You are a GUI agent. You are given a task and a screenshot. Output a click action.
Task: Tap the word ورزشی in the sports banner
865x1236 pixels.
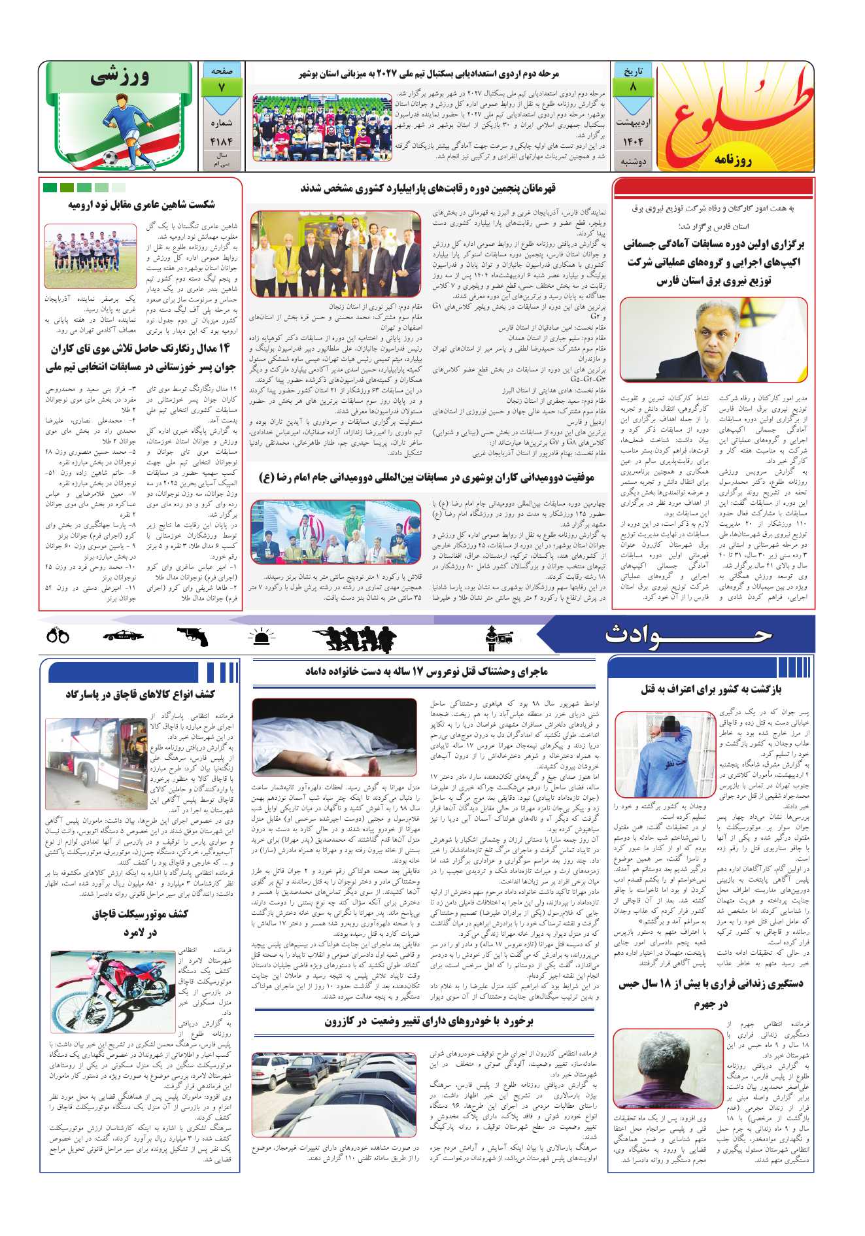(120, 78)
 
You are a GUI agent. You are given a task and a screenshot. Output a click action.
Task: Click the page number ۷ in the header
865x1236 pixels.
(222, 88)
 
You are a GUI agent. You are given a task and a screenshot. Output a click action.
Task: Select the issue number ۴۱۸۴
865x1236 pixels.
(222, 141)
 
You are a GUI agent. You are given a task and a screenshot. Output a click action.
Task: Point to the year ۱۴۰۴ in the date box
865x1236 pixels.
(632, 141)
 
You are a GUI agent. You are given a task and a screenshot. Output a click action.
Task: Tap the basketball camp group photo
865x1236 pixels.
(322, 128)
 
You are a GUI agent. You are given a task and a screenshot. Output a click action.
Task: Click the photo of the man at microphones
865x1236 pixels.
(713, 339)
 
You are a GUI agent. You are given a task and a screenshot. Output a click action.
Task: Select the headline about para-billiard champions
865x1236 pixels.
(428, 188)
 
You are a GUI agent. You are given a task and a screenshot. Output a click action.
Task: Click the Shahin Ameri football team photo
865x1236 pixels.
(91, 256)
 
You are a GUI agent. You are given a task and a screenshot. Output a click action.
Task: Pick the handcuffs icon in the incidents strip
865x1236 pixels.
(58, 635)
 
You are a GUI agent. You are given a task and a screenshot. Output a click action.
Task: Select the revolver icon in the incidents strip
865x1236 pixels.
(192, 636)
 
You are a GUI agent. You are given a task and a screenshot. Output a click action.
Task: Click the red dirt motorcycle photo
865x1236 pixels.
(112, 984)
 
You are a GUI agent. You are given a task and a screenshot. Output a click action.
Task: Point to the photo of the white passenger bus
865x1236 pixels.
(95, 763)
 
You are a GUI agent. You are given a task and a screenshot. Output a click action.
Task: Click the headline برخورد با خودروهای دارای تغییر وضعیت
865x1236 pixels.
(429, 1021)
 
